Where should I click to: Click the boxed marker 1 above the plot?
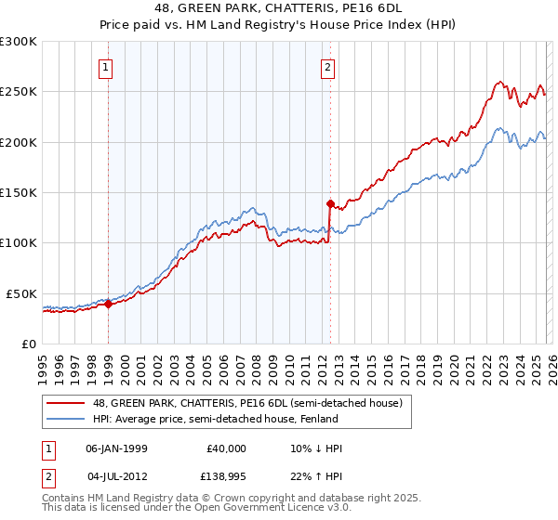tap(107, 67)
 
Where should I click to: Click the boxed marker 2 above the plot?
tap(329, 67)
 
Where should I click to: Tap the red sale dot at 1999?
tap(108, 303)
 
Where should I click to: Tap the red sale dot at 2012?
tap(330, 202)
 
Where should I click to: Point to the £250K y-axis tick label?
tap(19, 92)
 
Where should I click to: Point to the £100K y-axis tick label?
tap(19, 242)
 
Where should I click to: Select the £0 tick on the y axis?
tap(30, 344)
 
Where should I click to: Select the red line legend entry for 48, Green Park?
tap(246, 403)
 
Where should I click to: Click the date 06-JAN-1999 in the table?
tap(116, 448)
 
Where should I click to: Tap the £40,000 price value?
tap(226, 448)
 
